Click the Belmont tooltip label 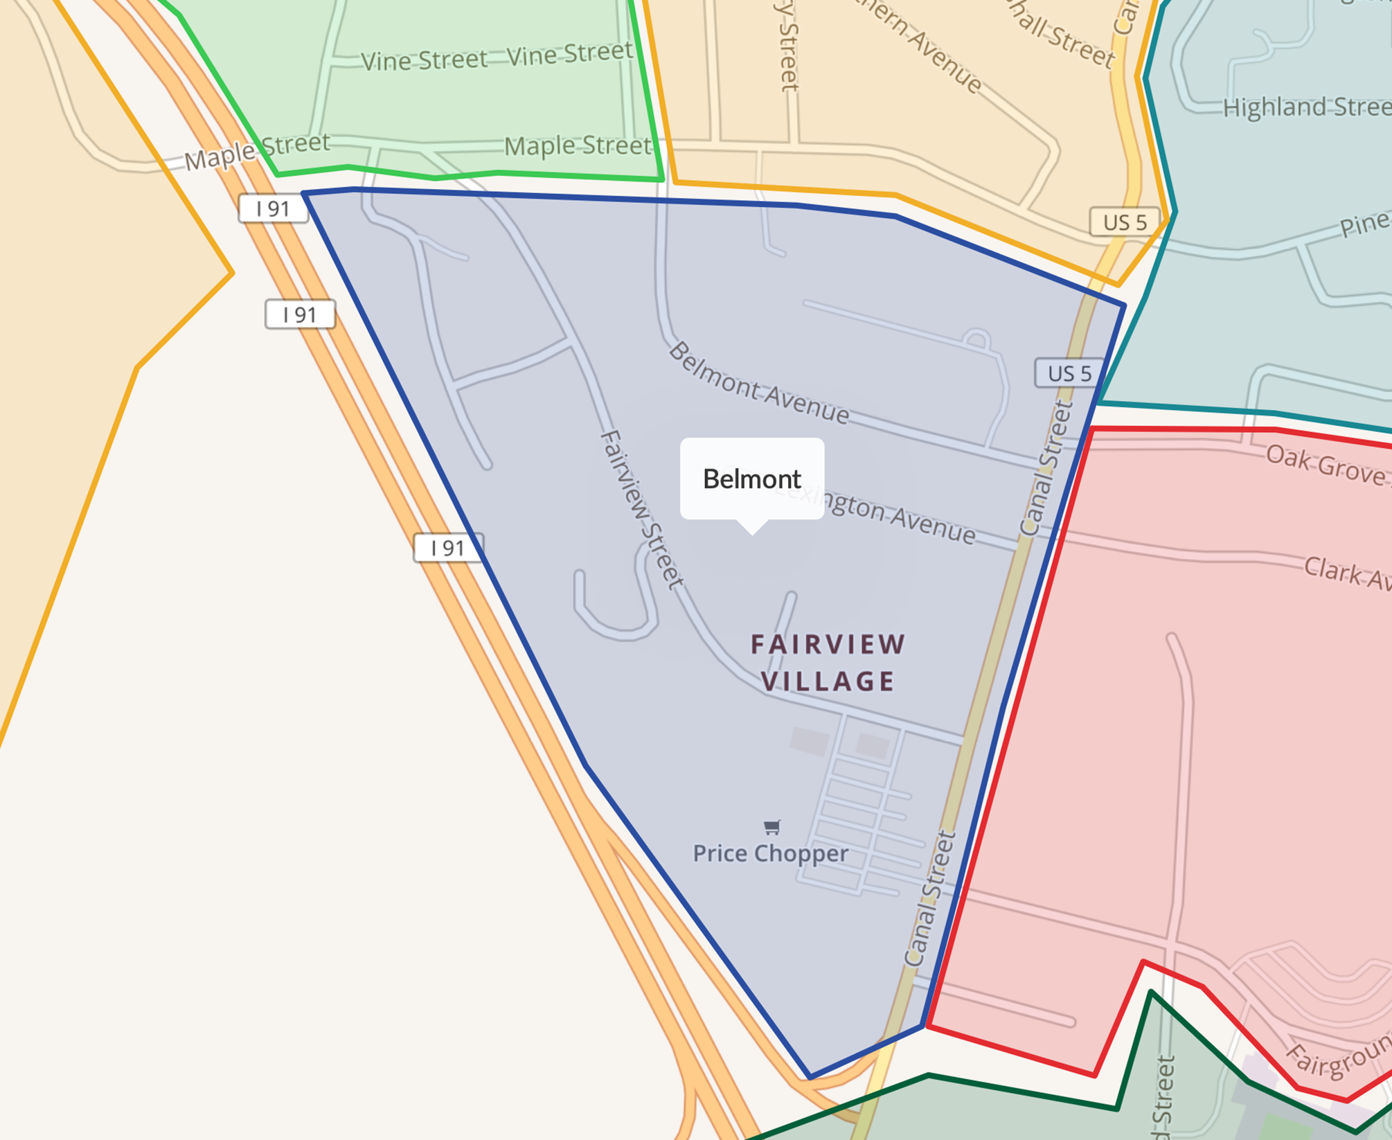coord(751,479)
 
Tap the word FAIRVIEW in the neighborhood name coord(828,644)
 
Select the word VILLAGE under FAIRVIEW coord(828,682)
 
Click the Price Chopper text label coord(770,853)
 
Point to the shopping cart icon coord(771,826)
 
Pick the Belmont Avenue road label coord(758,383)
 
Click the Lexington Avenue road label coord(893,515)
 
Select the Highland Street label coord(1306,107)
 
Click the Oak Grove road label coord(1326,466)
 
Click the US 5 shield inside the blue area coord(1069,373)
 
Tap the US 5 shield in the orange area coord(1125,222)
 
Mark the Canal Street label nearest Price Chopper coord(931,898)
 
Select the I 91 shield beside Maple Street coord(273,208)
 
